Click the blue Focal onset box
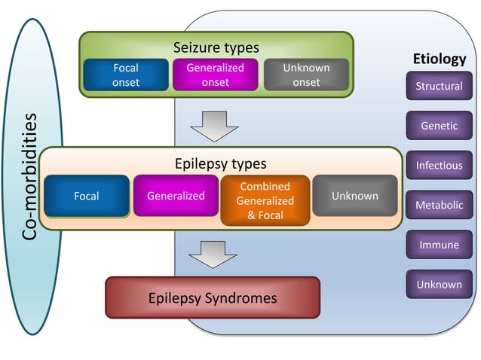click(125, 75)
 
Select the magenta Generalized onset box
click(215, 75)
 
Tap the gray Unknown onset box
click(306, 75)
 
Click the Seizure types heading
click(216, 47)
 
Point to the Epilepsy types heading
click(220, 163)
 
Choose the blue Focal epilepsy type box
click(87, 196)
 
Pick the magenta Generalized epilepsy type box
click(176, 196)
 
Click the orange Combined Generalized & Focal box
click(265, 201)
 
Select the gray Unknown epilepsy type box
click(354, 196)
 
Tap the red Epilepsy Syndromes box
click(212, 298)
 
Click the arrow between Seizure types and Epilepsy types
click(214, 126)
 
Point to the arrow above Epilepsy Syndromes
click(213, 254)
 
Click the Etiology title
click(439, 59)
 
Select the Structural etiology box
click(439, 86)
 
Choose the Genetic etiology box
click(439, 126)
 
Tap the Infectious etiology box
click(439, 165)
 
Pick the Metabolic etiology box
click(439, 205)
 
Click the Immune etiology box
click(439, 245)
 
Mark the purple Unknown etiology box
click(439, 284)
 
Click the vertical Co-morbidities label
click(30, 178)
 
